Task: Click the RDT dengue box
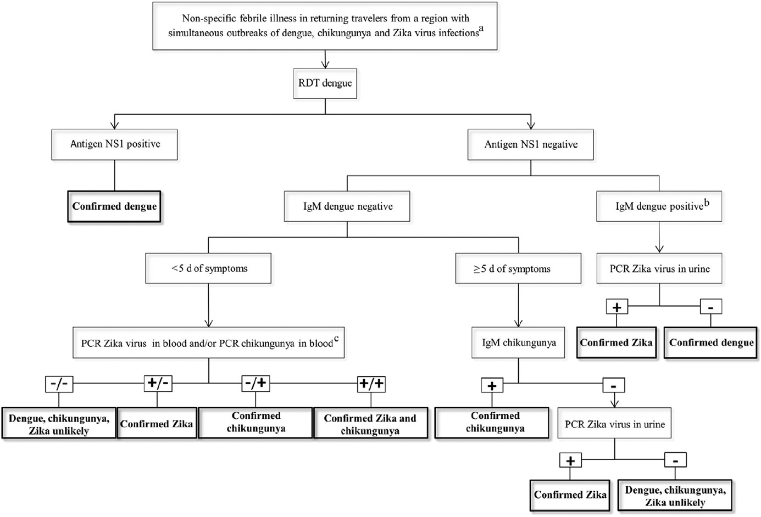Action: click(x=325, y=83)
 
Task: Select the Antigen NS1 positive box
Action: click(x=115, y=144)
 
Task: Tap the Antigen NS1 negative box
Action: click(x=530, y=145)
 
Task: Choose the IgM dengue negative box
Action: click(x=347, y=207)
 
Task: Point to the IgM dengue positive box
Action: click(x=659, y=207)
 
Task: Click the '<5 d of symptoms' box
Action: click(x=208, y=269)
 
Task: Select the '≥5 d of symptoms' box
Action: click(x=518, y=269)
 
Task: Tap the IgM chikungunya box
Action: click(x=518, y=343)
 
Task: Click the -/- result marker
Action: click(x=59, y=384)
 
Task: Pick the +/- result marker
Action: click(x=158, y=384)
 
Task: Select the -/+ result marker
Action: click(x=256, y=384)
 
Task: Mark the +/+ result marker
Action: click(x=371, y=384)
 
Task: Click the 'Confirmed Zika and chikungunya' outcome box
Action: click(x=370, y=424)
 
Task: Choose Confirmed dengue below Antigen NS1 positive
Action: click(x=114, y=207)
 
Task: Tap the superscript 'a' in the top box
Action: click(x=481, y=29)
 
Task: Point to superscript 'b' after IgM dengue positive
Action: click(x=707, y=203)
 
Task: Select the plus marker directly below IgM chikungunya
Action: click(x=492, y=386)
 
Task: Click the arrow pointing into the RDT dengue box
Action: click(x=325, y=63)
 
